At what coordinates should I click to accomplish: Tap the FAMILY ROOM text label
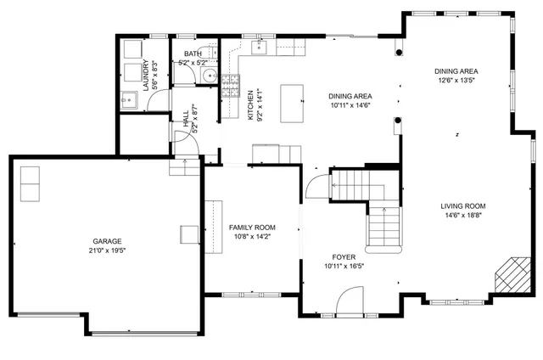[253, 228]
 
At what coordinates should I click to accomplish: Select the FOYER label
[344, 256]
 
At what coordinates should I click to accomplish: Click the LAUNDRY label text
[146, 74]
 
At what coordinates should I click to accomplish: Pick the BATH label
[193, 53]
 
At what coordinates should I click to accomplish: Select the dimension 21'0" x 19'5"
[106, 251]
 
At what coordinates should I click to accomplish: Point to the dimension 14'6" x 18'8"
[462, 216]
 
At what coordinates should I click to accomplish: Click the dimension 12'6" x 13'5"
[456, 81]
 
